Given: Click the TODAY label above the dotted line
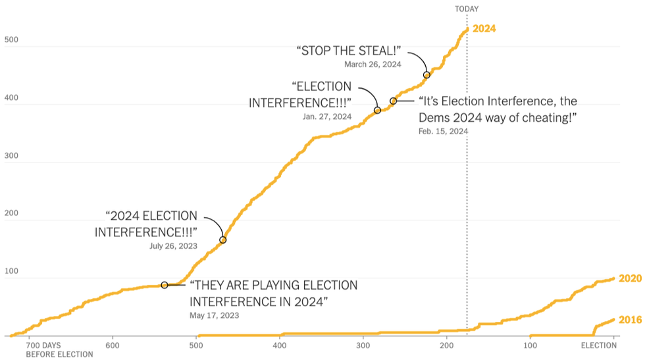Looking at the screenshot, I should pyautogui.click(x=467, y=9).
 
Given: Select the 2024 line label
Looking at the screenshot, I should pyautogui.click(x=484, y=29).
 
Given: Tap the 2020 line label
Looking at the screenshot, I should pyautogui.click(x=630, y=278).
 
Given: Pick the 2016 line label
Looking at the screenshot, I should pyautogui.click(x=630, y=320).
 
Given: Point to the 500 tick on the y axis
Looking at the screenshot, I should pyautogui.click(x=11, y=41).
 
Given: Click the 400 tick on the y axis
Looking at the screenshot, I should pyautogui.click(x=11, y=99).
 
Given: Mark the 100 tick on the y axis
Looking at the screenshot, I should pyautogui.click(x=11, y=272).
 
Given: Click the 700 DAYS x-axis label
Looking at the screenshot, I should pyautogui.click(x=43, y=345).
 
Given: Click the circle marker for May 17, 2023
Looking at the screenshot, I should pyautogui.click(x=164, y=285).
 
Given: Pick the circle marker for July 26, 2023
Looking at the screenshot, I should pyautogui.click(x=222, y=240).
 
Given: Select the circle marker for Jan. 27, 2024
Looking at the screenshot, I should pyautogui.click(x=377, y=111).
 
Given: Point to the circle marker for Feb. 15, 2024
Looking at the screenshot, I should pyautogui.click(x=394, y=101).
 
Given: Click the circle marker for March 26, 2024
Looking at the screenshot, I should pyautogui.click(x=426, y=75).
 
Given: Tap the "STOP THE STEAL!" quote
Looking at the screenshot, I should pyautogui.click(x=349, y=50).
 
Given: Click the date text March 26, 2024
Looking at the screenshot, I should pyautogui.click(x=373, y=64).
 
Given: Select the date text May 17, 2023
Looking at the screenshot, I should pyautogui.click(x=215, y=315).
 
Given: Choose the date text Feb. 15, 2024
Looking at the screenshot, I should pyautogui.click(x=443, y=132).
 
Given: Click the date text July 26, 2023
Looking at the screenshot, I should pyautogui.click(x=172, y=245).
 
